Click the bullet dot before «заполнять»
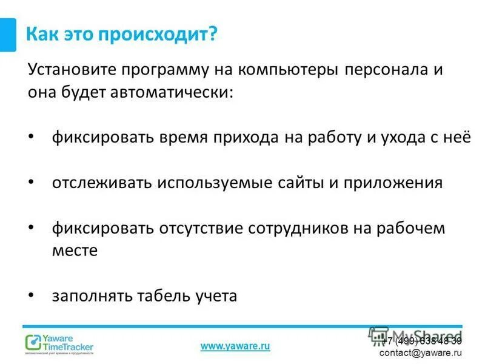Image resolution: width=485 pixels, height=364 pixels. point(32,295)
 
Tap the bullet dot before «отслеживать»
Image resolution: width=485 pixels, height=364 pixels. point(32,182)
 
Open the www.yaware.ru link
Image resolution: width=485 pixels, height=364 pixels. point(235,346)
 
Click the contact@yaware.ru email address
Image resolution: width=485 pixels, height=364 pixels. point(420,352)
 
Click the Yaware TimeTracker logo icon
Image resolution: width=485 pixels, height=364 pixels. point(33,343)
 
